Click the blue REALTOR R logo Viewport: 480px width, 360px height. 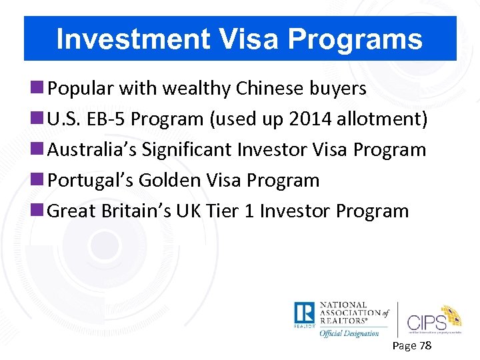[x=304, y=314]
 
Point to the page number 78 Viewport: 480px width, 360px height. [x=424, y=345]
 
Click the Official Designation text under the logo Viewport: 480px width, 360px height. [x=349, y=333]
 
